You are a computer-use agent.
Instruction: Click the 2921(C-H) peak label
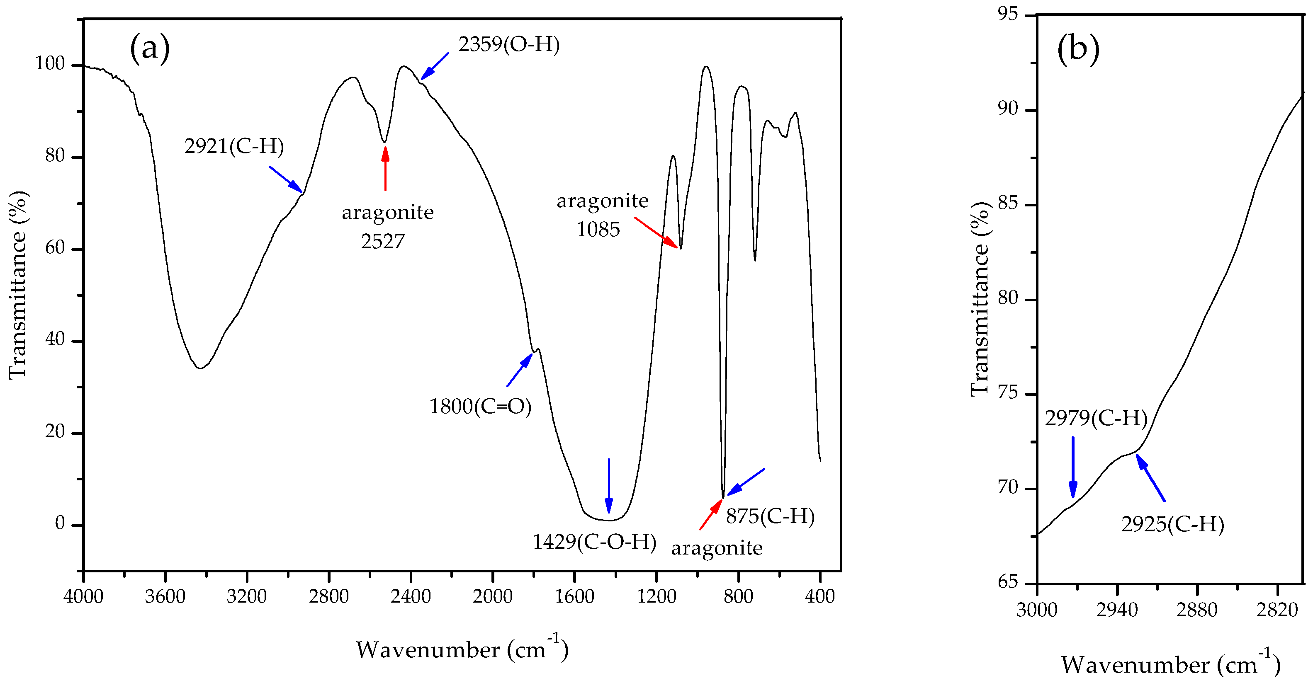click(234, 147)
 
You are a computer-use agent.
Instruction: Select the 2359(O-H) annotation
click(509, 45)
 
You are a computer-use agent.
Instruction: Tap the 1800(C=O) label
click(480, 407)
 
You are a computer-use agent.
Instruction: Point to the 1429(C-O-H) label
click(594, 542)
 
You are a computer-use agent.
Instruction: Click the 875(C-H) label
click(770, 516)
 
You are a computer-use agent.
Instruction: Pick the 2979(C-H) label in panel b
click(1096, 419)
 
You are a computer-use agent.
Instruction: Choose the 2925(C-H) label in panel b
click(1172, 525)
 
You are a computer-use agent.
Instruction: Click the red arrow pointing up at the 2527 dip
click(385, 168)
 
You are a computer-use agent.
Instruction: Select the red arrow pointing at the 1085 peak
click(656, 233)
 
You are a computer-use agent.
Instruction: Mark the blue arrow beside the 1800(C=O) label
click(519, 370)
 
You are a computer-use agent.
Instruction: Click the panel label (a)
click(149, 48)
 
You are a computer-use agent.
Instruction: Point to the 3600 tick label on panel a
click(165, 596)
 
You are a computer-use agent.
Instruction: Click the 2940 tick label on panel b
click(1117, 610)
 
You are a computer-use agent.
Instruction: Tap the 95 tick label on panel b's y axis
click(1008, 14)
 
